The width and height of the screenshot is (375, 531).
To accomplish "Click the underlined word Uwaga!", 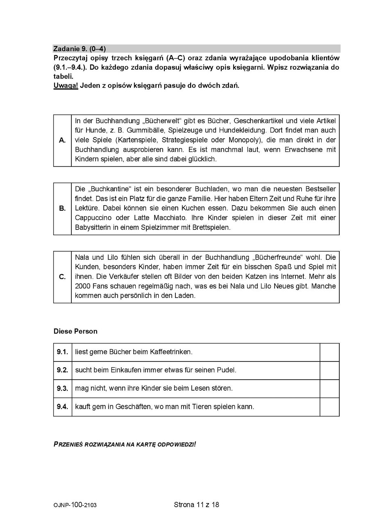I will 66,86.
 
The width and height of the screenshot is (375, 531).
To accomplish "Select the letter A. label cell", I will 62,140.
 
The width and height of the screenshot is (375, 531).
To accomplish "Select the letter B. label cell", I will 62,208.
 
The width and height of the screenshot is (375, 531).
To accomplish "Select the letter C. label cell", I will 62,277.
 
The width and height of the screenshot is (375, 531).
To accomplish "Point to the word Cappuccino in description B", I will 95,217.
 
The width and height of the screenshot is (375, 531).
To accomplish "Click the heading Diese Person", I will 75,331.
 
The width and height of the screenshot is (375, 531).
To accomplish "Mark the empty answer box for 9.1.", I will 329,352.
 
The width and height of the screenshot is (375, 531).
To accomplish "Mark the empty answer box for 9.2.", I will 329,370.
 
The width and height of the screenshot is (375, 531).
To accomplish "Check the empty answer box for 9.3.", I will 329,388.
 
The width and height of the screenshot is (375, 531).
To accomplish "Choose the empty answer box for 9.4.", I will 329,407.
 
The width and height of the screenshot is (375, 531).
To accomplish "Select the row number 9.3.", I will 62,388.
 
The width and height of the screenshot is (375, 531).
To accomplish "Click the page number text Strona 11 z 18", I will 196,505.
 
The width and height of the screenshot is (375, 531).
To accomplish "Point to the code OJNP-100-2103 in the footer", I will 75,505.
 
